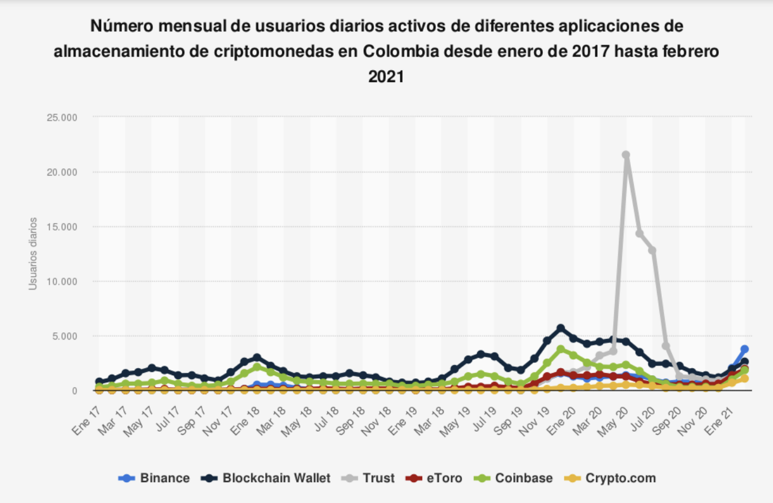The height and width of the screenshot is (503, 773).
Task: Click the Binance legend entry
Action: click(155, 478)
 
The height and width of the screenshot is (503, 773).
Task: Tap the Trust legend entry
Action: click(369, 478)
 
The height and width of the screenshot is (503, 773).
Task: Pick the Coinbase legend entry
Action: click(515, 478)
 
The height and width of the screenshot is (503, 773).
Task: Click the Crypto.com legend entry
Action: click(612, 478)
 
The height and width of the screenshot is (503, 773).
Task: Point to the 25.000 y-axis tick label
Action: click(62, 117)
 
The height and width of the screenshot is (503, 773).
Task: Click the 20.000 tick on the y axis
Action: click(62, 172)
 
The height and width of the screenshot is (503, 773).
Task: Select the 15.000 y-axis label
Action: click(62, 227)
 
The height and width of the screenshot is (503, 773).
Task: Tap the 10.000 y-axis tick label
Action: click(62, 281)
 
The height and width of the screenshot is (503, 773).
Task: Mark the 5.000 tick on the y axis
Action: click(64, 336)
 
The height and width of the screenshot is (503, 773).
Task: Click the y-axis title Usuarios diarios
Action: click(33, 254)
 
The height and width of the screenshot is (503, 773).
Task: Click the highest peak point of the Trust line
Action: click(626, 155)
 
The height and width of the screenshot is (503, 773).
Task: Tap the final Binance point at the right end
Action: click(744, 349)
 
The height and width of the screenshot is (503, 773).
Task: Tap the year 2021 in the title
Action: click(386, 76)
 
